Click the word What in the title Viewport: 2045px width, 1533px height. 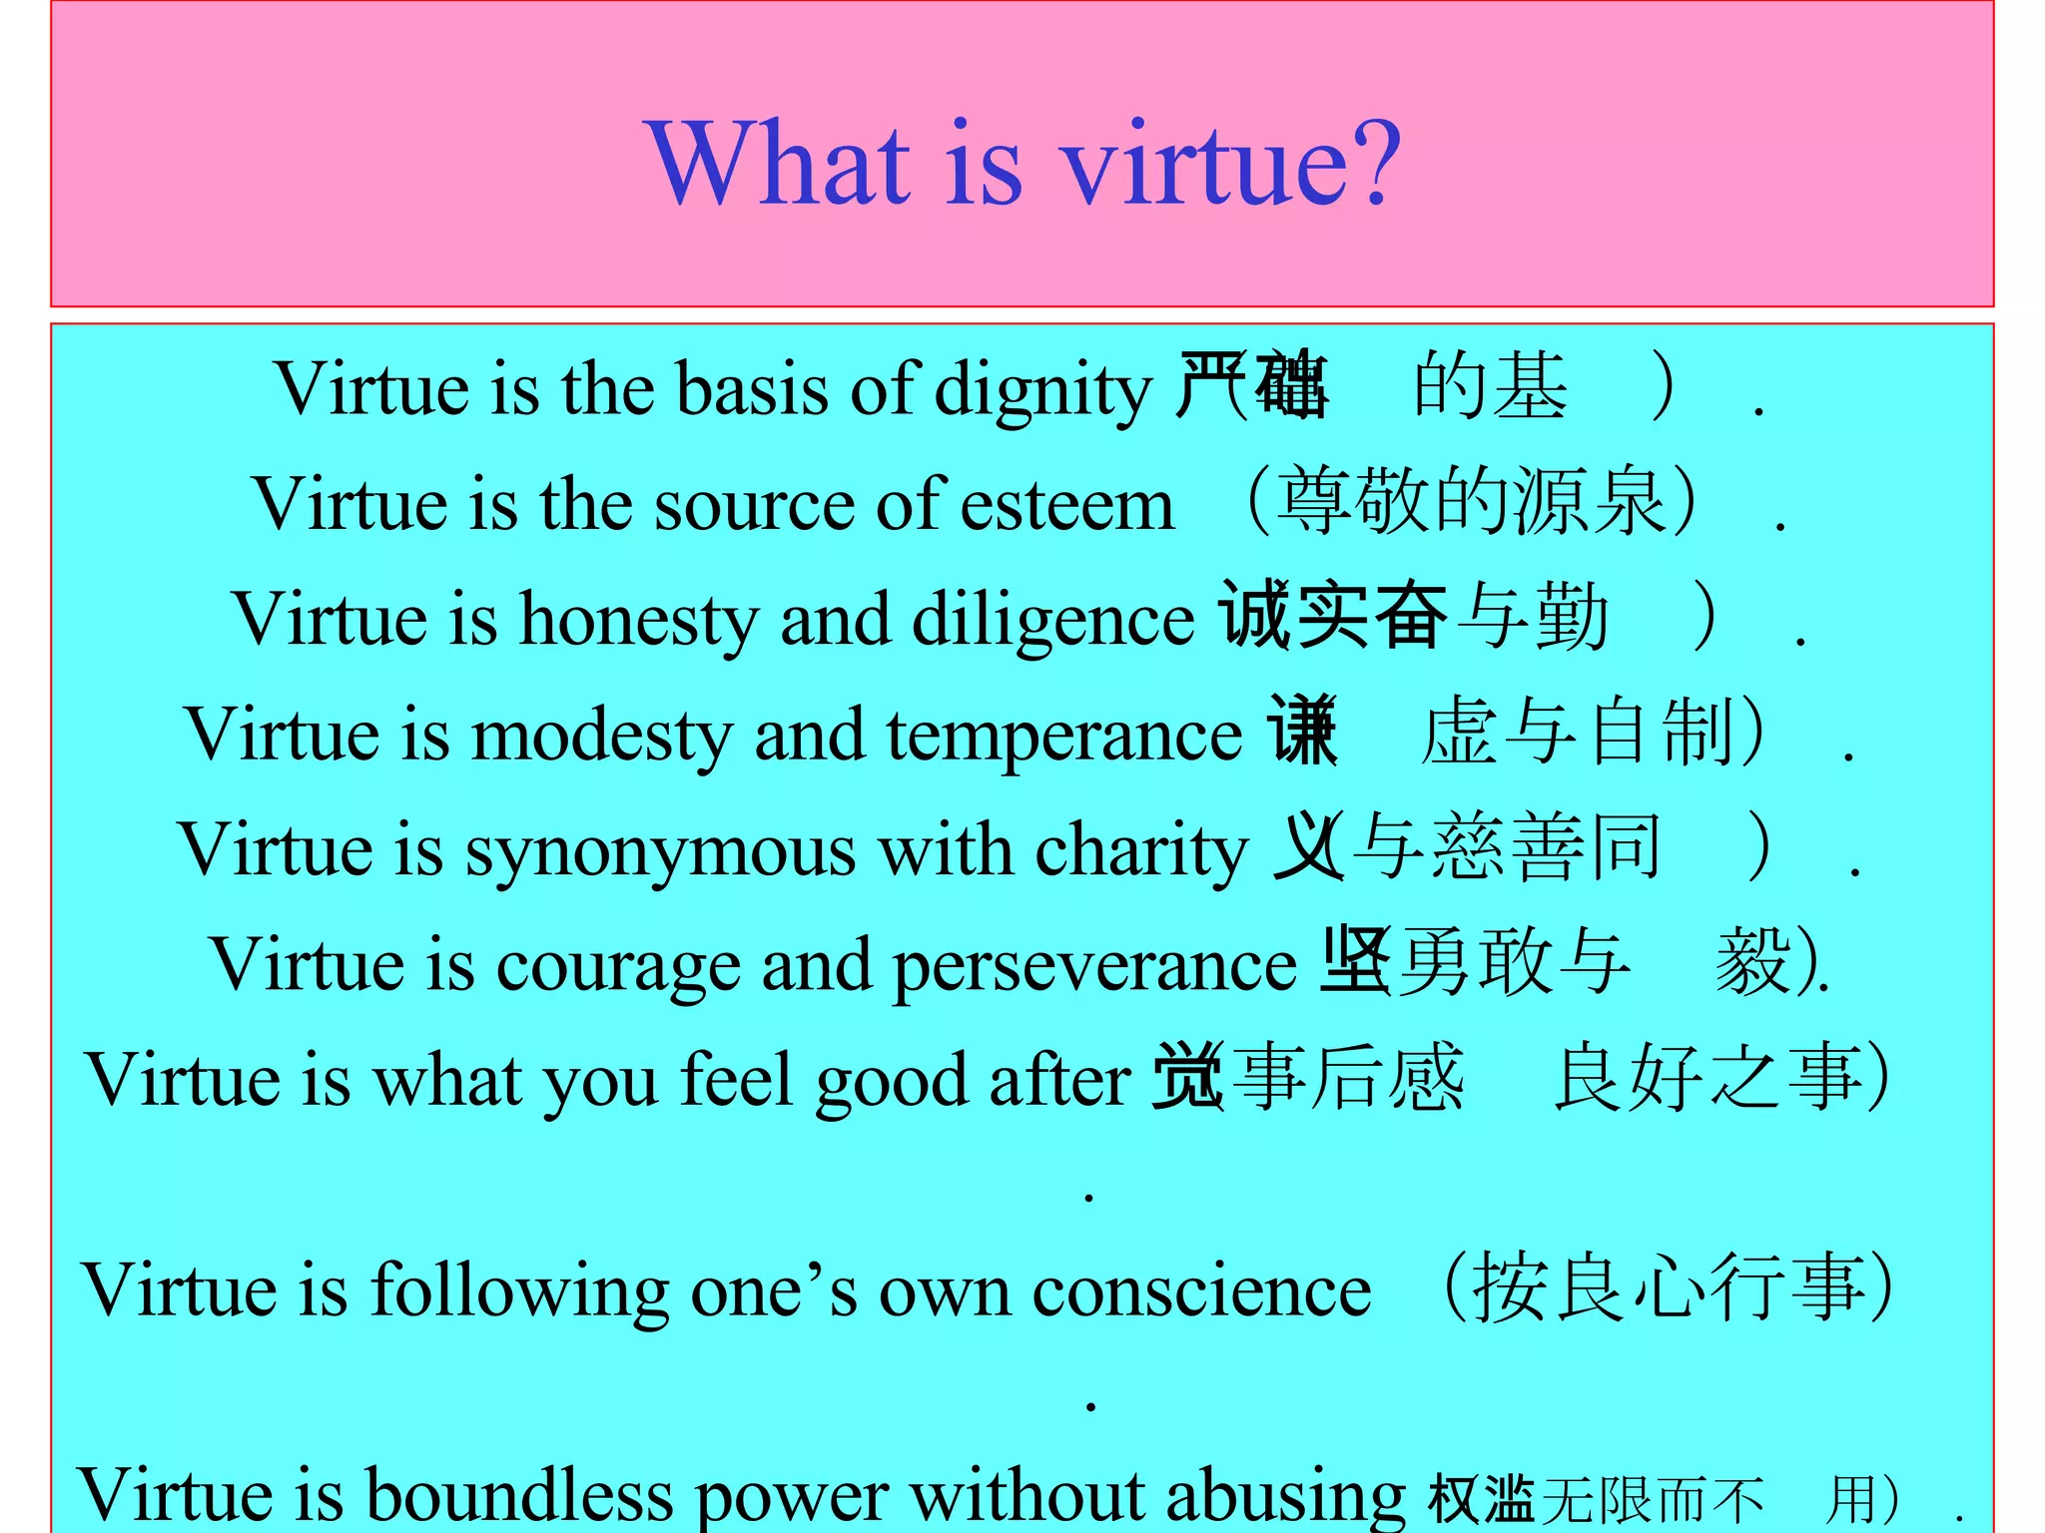tap(779, 162)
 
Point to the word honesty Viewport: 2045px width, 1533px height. tap(639, 620)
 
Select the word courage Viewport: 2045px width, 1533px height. tap(618, 966)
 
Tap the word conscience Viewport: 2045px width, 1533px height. tap(1201, 1290)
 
